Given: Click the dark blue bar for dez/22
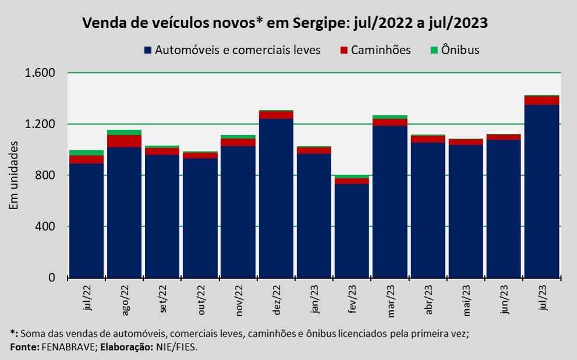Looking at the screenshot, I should point(276,198).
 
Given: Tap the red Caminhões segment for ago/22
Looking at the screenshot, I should point(124,141).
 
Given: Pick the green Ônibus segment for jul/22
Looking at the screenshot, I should point(86,153).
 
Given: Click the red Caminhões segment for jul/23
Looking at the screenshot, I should point(541,100).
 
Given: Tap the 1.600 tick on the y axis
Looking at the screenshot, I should point(40,73).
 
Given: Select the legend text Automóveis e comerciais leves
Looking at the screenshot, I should point(238,50).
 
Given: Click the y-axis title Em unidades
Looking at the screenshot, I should point(14,175).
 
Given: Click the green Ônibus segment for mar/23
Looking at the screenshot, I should point(390,117).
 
